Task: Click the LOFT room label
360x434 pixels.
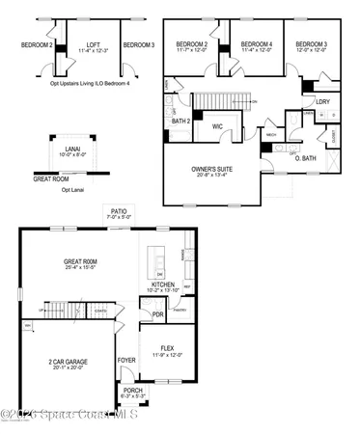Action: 93,44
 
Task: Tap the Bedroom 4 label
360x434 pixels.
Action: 255,44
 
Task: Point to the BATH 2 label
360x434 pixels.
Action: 180,122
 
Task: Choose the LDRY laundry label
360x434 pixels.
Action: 322,100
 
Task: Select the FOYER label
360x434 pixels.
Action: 126,362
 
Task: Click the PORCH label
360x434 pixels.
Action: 132,391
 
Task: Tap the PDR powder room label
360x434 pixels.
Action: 156,313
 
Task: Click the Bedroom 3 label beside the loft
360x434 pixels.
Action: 139,44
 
